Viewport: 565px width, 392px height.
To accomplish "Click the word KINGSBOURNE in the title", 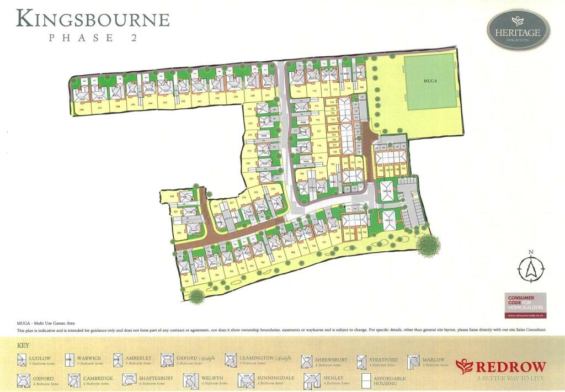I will pyautogui.click(x=93, y=19).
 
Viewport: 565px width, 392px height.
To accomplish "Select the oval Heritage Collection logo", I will pyautogui.click(x=518, y=30).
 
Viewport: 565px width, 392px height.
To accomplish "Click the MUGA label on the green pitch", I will pyautogui.click(x=431, y=81).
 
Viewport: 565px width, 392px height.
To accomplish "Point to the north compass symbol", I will pyautogui.click(x=531, y=268).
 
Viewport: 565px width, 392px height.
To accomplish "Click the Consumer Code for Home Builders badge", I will pyautogui.click(x=526, y=304).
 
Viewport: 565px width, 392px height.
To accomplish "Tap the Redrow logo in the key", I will pyautogui.click(x=501, y=365).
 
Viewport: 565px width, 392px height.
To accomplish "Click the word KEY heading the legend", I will pyautogui.click(x=23, y=346).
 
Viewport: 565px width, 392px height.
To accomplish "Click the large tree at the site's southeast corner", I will pyautogui.click(x=428, y=245).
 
